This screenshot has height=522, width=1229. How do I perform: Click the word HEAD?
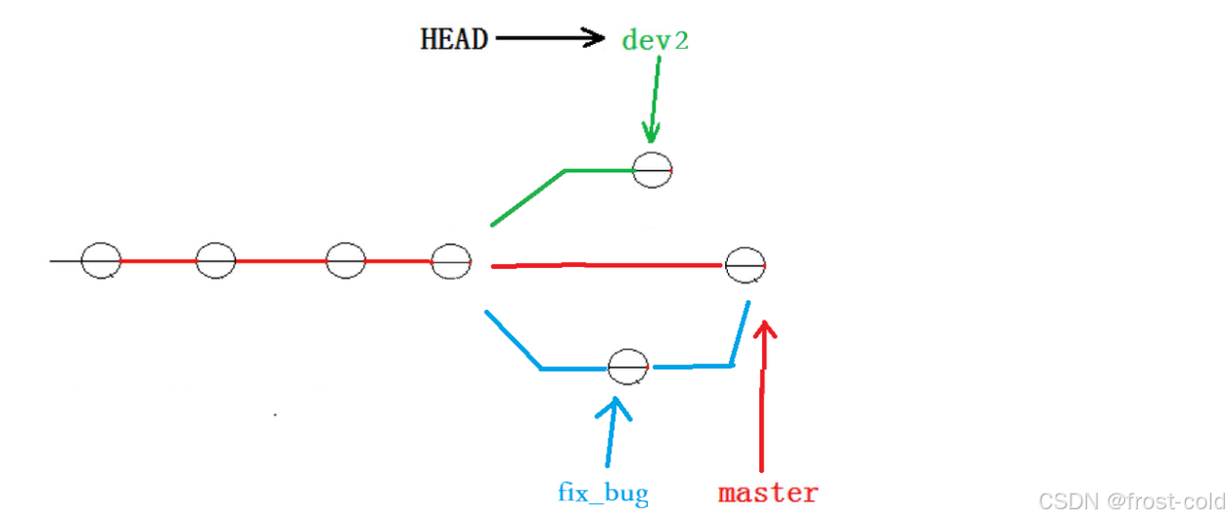click(x=454, y=39)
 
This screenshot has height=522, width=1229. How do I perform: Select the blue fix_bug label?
click(x=603, y=493)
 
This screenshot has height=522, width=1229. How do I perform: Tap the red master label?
click(x=768, y=493)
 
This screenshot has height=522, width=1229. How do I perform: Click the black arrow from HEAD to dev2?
click(x=550, y=39)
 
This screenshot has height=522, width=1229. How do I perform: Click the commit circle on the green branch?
click(x=653, y=170)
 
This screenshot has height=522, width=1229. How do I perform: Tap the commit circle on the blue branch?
click(x=628, y=368)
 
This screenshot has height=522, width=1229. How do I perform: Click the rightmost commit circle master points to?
click(x=745, y=265)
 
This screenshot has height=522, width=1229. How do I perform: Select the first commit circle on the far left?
click(x=101, y=261)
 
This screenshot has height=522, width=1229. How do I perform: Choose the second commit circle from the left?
click(x=215, y=261)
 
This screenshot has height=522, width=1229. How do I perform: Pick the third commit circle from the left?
click(x=345, y=261)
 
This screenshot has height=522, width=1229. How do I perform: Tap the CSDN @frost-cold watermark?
click(x=1130, y=501)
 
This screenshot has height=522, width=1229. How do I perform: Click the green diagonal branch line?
click(x=526, y=198)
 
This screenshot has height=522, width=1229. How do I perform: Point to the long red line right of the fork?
click(x=607, y=265)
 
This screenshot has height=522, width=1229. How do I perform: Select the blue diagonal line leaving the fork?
click(x=513, y=339)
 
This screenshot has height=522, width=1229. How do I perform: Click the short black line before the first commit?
click(x=66, y=261)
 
